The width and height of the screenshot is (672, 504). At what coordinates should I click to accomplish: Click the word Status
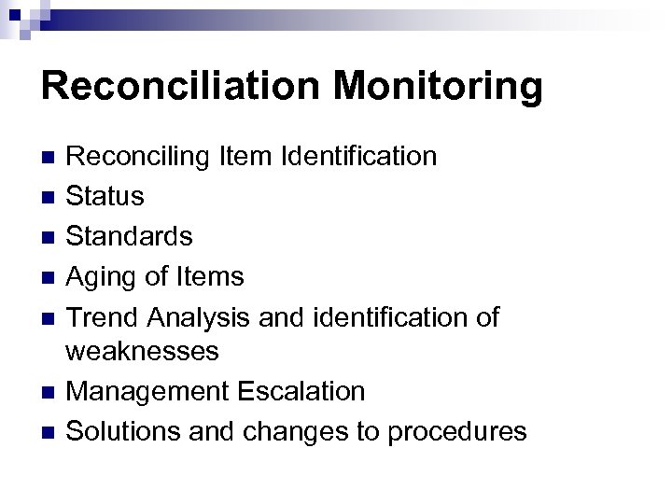click(x=105, y=196)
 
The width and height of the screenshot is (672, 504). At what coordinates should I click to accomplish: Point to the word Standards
click(x=132, y=236)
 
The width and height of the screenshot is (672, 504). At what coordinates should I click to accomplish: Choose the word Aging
click(x=101, y=278)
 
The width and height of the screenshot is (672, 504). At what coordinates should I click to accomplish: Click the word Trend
click(x=105, y=316)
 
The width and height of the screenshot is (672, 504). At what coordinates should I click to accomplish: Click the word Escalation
click(x=302, y=391)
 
